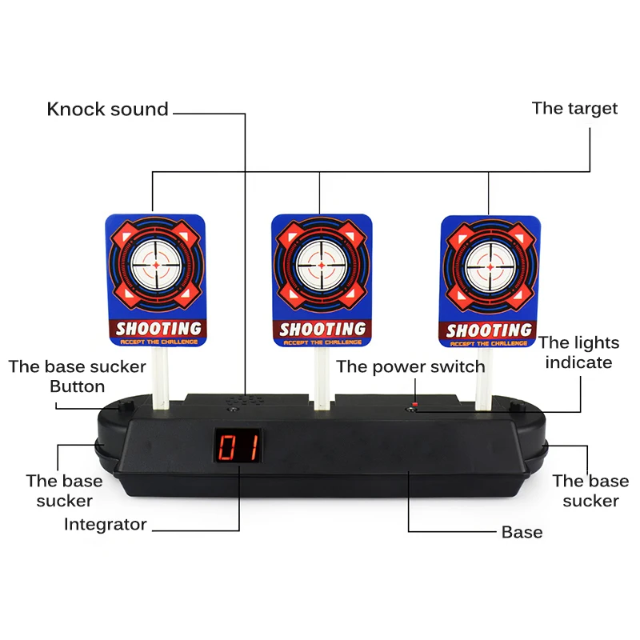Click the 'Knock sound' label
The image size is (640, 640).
tap(107, 110)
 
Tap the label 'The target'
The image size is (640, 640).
tap(574, 109)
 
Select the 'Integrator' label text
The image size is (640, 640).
tap(106, 525)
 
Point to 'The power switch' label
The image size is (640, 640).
tap(410, 367)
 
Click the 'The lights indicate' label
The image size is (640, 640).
tap(578, 353)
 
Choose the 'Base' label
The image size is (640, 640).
tap(522, 532)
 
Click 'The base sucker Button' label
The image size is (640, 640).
tap(77, 377)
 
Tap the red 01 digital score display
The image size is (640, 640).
tap(237, 448)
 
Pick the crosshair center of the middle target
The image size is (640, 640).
tap(322, 265)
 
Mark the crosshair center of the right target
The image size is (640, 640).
tap(490, 265)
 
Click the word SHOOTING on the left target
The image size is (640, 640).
tap(158, 328)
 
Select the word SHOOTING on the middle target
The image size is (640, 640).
tap(322, 329)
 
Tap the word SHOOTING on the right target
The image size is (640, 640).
tap(489, 330)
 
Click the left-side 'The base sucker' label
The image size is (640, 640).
tap(64, 490)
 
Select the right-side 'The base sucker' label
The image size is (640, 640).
tap(590, 490)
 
